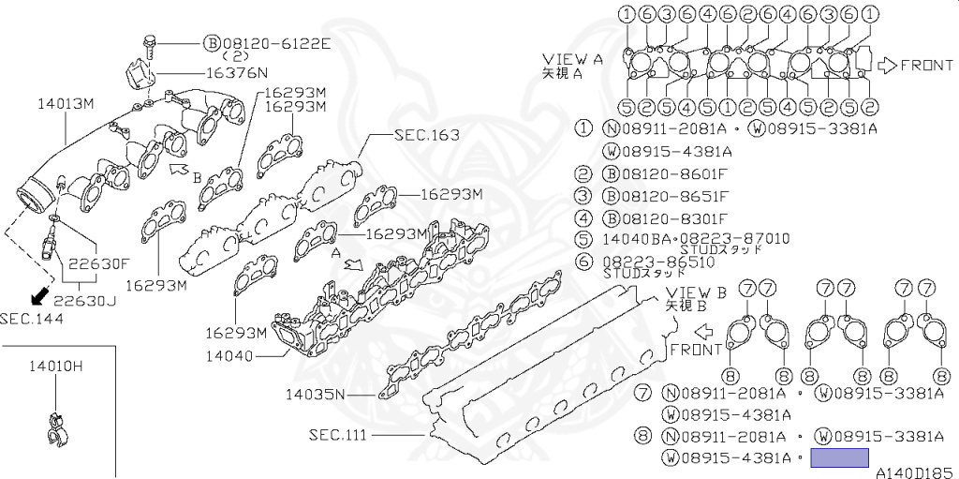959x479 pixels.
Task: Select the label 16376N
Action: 237,72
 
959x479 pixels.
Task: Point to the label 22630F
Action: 97,263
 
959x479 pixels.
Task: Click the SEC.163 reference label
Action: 426,135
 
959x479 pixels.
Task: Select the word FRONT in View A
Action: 927,65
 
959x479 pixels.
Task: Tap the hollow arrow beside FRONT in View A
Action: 886,65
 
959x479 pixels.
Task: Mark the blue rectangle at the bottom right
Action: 839,458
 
